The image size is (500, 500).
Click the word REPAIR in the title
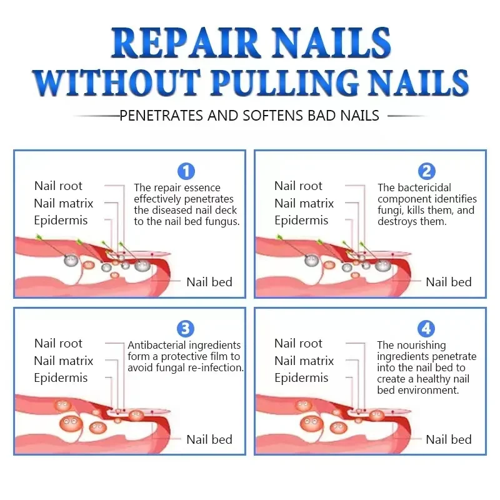[x=185, y=43]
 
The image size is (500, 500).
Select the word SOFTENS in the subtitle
[x=273, y=116]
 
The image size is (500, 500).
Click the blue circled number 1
[x=186, y=171]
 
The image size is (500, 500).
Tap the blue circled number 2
[x=426, y=171]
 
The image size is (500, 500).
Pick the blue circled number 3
[x=186, y=329]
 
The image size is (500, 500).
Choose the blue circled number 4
[x=426, y=329]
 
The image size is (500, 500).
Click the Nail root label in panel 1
[x=58, y=186]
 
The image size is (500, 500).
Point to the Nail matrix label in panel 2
[x=304, y=203]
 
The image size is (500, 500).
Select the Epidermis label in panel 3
[x=61, y=378]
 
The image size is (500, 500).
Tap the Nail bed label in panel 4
[x=449, y=439]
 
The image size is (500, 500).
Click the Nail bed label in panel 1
[x=209, y=282]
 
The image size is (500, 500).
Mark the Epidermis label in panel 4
[x=301, y=378]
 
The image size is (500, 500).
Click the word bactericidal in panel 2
[x=424, y=187]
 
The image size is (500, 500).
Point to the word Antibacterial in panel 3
[x=157, y=345]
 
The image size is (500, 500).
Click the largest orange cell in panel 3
[x=71, y=424]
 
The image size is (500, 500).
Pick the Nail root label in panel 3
[x=58, y=343]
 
